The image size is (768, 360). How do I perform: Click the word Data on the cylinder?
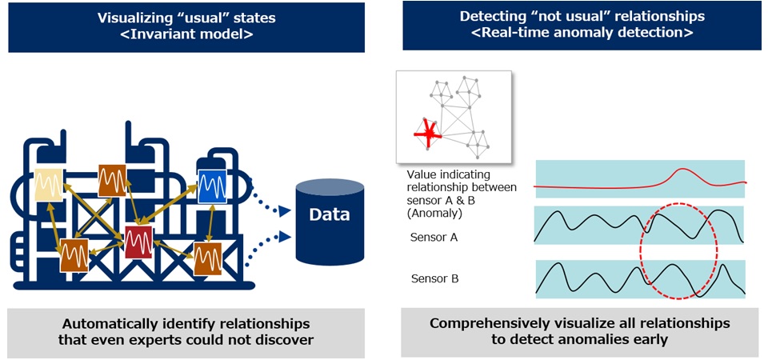pyautogui.click(x=329, y=214)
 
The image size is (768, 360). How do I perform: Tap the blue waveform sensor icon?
pyautogui.click(x=212, y=185)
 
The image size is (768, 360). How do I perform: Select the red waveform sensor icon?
pyautogui.click(x=138, y=242)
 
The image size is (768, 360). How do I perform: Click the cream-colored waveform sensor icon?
pyautogui.click(x=49, y=185)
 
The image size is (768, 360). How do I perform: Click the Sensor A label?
pyautogui.click(x=434, y=238)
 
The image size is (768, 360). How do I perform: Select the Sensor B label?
pyautogui.click(x=434, y=279)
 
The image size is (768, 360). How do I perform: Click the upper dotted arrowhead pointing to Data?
pyautogui.click(x=285, y=211)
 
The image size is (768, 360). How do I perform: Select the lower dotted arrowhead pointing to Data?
pyautogui.click(x=285, y=237)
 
